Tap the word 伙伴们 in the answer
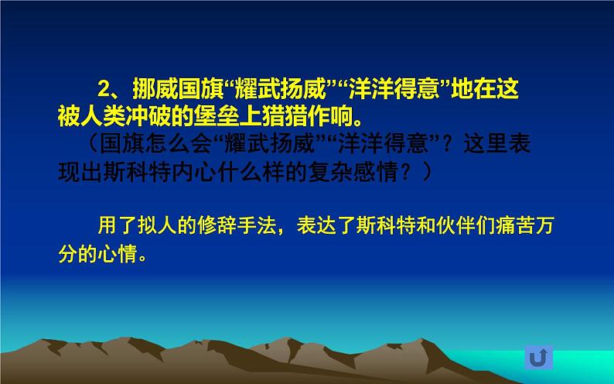click(459, 226)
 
